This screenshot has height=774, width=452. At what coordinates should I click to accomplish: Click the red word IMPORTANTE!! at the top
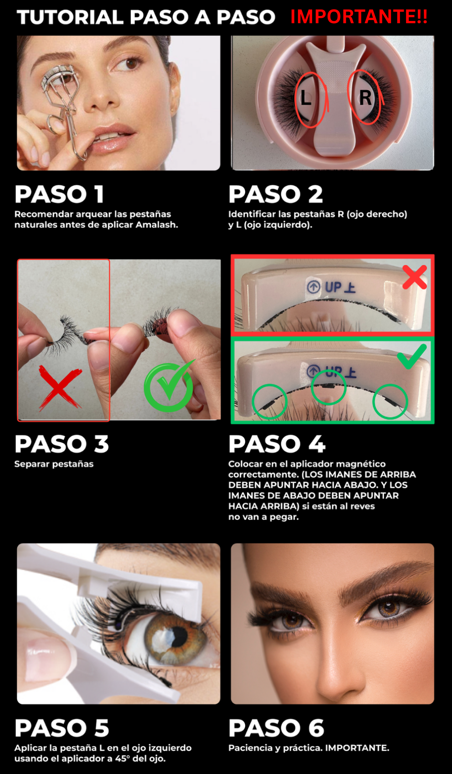coord(359,17)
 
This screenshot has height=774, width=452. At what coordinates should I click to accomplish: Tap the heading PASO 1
coord(59,194)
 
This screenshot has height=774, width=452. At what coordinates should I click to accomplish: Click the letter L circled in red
coord(306,98)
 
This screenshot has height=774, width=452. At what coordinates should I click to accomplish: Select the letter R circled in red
coord(365,97)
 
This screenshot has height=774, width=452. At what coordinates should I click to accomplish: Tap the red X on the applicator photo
coord(415,277)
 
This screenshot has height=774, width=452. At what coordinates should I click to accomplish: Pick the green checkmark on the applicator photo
coord(412,356)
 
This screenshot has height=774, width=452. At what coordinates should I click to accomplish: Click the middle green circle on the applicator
coord(329,387)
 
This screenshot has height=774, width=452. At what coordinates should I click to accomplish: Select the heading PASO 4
coord(277,444)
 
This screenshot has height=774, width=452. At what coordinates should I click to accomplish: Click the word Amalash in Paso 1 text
coord(155,225)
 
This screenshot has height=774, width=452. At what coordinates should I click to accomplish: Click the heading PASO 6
coord(276,728)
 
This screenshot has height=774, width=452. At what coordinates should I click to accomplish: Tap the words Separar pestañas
coord(54,464)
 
